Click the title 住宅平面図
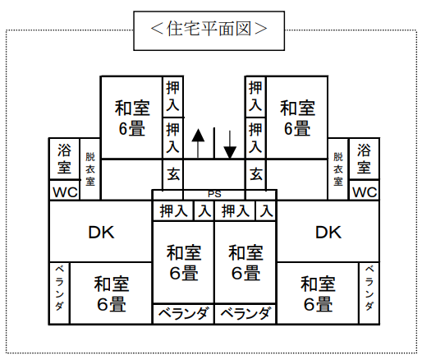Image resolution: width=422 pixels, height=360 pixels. (209, 29)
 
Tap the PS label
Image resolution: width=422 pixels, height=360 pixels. (214, 194)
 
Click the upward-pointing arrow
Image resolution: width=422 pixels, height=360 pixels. (198, 143)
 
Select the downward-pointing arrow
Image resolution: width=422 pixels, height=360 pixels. (230, 145)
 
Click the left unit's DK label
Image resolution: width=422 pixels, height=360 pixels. (101, 233)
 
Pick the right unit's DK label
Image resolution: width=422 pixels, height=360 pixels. (328, 233)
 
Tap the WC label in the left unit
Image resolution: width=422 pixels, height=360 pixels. (65, 192)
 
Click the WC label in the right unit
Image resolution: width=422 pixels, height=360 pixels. (365, 192)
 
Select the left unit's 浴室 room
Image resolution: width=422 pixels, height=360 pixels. (64, 159)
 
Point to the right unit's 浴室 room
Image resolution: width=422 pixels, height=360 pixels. (364, 159)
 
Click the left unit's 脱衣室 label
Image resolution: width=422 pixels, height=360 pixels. (90, 169)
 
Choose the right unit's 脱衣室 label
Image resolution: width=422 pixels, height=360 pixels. (338, 169)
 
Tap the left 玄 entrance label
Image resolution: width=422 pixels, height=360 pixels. (173, 174)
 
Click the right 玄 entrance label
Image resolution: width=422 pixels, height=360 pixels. (256, 174)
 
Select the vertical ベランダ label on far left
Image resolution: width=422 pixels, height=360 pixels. (60, 288)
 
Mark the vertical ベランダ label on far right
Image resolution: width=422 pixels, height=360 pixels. (369, 288)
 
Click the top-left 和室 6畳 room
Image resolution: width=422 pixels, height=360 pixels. (132, 118)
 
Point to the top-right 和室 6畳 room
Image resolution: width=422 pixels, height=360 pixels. (297, 118)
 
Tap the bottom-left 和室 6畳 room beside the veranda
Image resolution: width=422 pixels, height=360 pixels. (112, 294)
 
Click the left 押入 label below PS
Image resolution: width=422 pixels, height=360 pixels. (173, 211)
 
